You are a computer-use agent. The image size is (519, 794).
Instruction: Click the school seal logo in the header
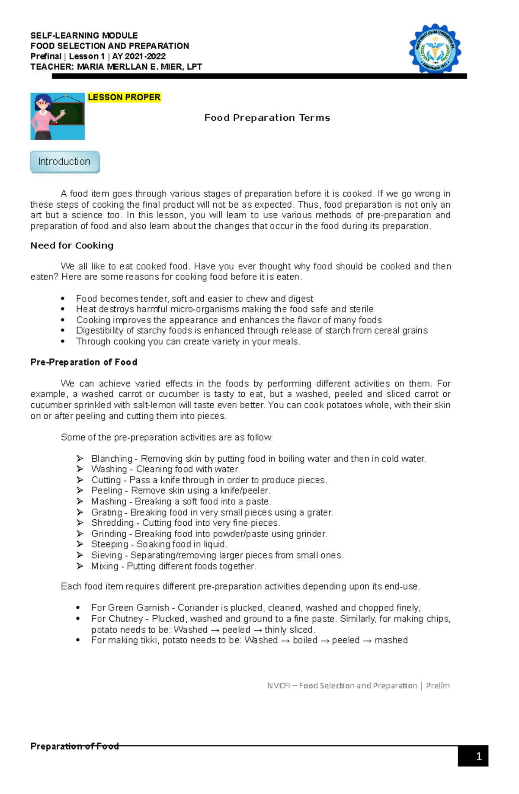[x=435, y=49]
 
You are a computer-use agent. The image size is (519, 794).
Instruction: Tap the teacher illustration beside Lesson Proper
[x=57, y=116]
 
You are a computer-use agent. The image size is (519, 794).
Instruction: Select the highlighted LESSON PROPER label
[x=124, y=97]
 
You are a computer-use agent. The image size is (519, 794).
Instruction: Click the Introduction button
[x=65, y=162]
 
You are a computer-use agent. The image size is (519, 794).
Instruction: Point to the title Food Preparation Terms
[x=267, y=118]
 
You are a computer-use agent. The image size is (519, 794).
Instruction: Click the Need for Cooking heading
[x=72, y=245]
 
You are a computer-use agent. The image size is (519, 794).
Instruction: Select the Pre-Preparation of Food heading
[x=84, y=362]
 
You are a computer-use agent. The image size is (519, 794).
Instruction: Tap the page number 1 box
[x=473, y=756]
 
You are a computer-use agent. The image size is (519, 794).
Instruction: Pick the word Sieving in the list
[x=106, y=555]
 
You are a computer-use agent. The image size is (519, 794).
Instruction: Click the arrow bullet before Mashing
[x=80, y=501]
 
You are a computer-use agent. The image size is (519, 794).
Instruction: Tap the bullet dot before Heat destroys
[x=63, y=309]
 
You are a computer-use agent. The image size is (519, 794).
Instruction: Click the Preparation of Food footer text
[x=74, y=746]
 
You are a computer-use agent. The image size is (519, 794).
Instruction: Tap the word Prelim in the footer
[x=438, y=685]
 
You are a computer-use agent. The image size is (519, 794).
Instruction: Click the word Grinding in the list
[x=109, y=534]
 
